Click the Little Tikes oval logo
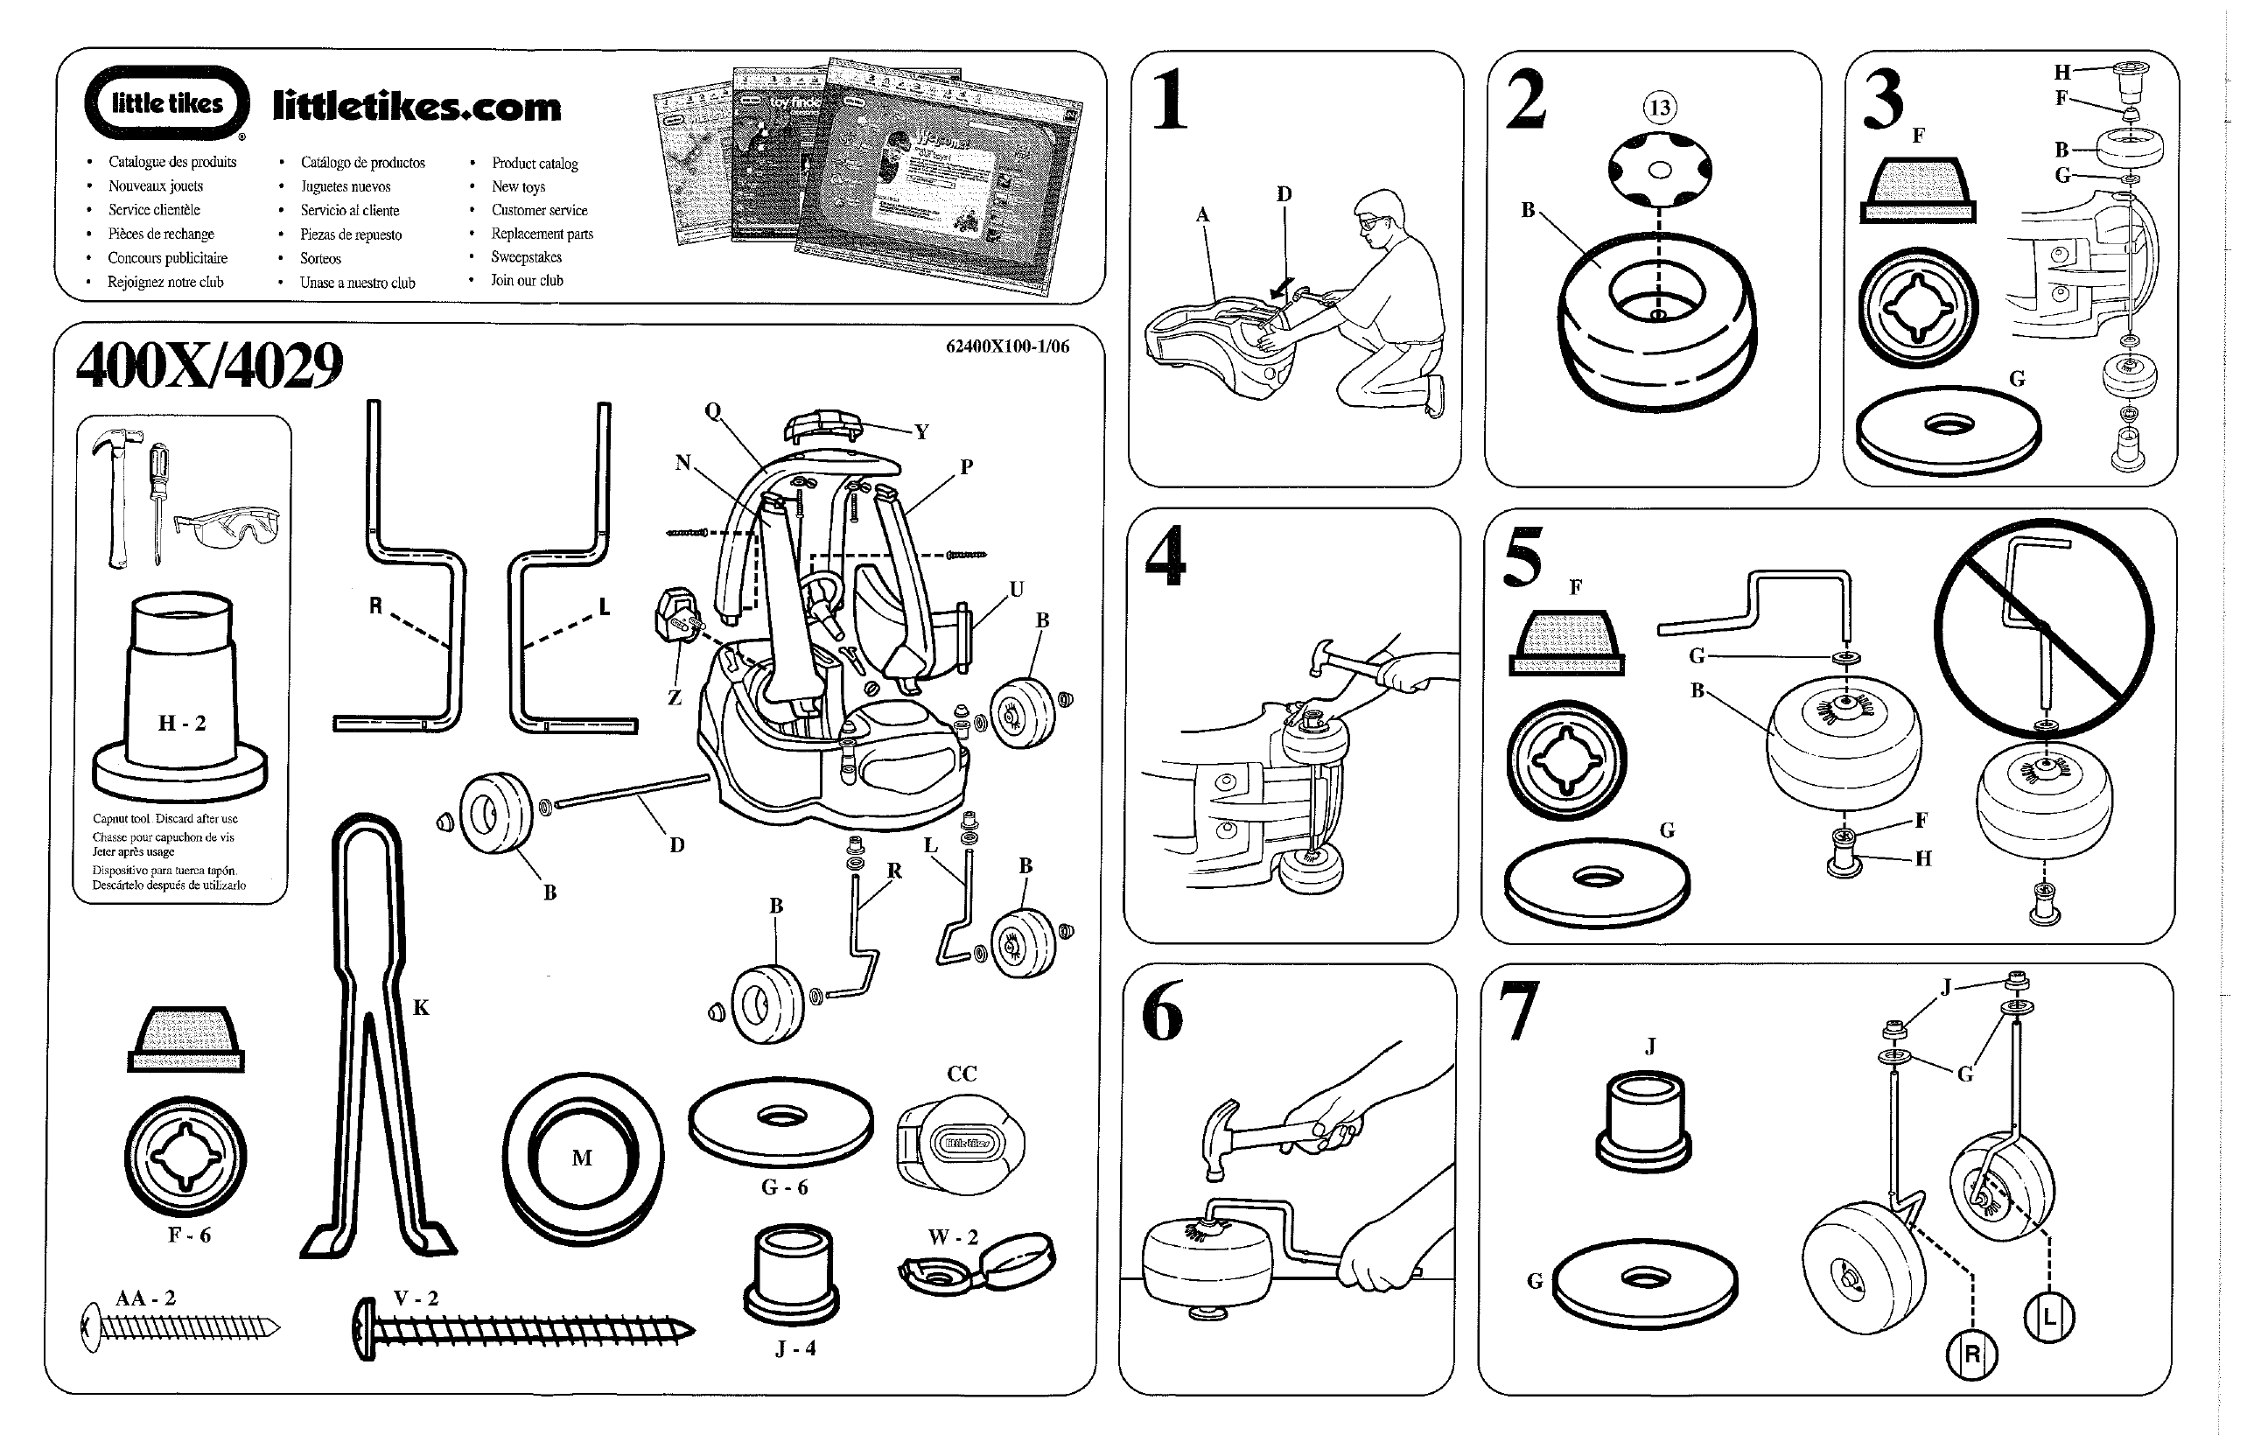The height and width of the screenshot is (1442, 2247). click(x=166, y=103)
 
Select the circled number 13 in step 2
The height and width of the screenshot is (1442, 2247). click(x=1659, y=108)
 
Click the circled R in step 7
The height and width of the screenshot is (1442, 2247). click(x=1970, y=1354)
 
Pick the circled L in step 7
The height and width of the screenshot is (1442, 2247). click(x=2048, y=1318)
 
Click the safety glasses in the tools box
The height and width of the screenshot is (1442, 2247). click(x=227, y=529)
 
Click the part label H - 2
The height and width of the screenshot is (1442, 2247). click(x=182, y=723)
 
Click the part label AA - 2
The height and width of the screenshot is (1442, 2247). click(x=145, y=1298)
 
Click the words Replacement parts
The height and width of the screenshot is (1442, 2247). click(x=542, y=234)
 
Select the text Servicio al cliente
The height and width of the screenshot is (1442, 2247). click(x=349, y=211)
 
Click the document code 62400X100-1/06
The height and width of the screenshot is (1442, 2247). click(x=1007, y=346)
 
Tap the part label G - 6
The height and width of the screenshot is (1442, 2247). click(x=784, y=1187)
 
